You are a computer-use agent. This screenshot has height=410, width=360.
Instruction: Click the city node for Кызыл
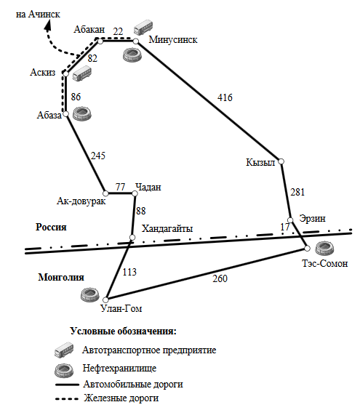click(281, 161)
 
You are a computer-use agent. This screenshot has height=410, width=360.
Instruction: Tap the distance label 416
click(225, 97)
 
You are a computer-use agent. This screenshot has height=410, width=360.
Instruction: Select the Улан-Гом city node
click(105, 300)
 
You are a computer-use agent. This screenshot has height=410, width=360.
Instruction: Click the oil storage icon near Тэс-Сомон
click(324, 248)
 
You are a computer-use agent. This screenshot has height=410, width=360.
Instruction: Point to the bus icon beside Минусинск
click(143, 27)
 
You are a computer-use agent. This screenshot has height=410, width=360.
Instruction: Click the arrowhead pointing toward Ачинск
click(48, 25)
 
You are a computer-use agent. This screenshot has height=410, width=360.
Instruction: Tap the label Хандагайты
click(167, 228)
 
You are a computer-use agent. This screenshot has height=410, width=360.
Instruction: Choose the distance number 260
click(220, 278)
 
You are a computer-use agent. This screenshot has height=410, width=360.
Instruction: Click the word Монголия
click(61, 277)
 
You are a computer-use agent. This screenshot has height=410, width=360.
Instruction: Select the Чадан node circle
click(135, 193)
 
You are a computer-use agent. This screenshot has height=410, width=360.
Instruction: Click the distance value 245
click(98, 156)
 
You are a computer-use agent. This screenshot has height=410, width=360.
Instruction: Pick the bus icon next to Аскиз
click(82, 73)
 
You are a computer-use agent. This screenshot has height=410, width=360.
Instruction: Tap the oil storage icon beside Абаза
click(82, 113)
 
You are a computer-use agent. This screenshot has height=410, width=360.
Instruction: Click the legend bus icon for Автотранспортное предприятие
click(64, 350)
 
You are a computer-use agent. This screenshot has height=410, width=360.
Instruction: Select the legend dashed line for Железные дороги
click(67, 399)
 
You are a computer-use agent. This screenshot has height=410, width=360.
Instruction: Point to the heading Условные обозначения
click(123, 331)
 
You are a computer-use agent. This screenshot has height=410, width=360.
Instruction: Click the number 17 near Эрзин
click(285, 227)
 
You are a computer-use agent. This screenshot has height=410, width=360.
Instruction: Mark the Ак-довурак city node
click(105, 193)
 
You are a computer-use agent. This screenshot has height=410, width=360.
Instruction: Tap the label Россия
click(51, 227)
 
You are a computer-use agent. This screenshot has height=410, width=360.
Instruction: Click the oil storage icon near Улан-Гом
click(90, 294)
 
